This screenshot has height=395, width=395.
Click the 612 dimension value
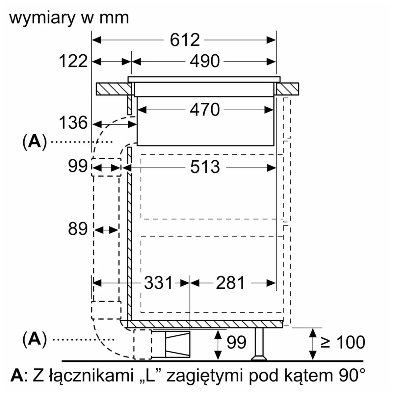pos(185,40)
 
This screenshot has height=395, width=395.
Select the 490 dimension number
pos(204,61)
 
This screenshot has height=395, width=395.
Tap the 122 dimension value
pos(73,61)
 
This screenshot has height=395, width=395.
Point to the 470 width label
pos(204,110)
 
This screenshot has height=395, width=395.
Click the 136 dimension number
pos(73,123)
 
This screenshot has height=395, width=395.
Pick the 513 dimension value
pos(205,167)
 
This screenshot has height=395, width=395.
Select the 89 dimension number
pos(78,229)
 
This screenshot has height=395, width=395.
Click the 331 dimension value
pos(158,283)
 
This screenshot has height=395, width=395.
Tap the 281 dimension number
pos(230,283)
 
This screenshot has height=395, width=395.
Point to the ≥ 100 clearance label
pos(342,342)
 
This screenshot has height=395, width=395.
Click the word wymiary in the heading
pos(42,18)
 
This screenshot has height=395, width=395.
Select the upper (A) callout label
pos(35,142)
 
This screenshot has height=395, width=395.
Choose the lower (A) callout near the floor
pos(35,339)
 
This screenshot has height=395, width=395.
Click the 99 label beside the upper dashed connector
pos(78,166)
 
